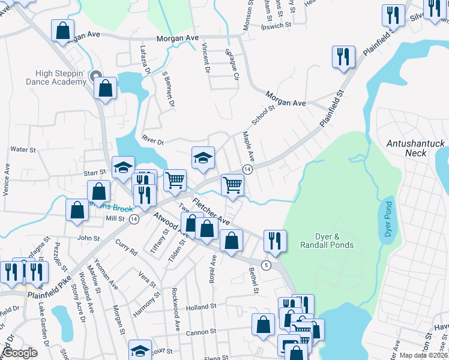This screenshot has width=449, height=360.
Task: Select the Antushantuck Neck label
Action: point(415,148)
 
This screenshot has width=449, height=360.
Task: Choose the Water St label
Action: point(24,149)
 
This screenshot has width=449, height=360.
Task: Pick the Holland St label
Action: point(200,307)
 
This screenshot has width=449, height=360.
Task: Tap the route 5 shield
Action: point(267,265)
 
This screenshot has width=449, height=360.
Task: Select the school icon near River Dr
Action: point(203,157)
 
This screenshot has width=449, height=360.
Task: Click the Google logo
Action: point(20,353)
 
